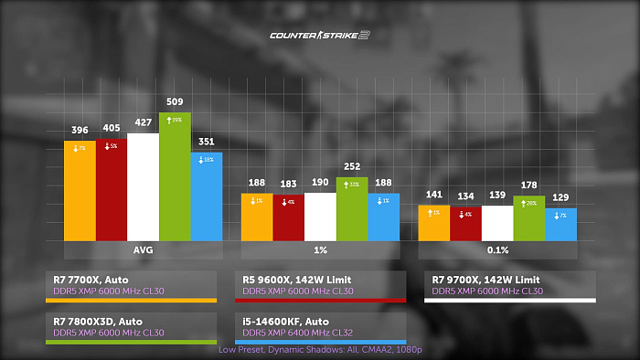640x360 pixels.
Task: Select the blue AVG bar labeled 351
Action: (207, 196)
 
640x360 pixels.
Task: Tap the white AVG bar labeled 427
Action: (143, 187)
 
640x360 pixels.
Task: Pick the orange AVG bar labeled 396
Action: (80, 191)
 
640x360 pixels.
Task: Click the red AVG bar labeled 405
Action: (112, 190)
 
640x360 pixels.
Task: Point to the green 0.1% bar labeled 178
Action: (528, 218)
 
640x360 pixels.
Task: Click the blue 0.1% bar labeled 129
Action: (560, 224)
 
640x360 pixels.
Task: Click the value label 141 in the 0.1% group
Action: (433, 195)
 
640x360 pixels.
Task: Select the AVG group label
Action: (143, 249)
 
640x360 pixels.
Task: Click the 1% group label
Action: (320, 249)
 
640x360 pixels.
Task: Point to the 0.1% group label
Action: (497, 249)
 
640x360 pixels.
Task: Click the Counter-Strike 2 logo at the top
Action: (319, 36)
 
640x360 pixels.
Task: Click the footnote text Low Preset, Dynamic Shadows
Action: (319, 350)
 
